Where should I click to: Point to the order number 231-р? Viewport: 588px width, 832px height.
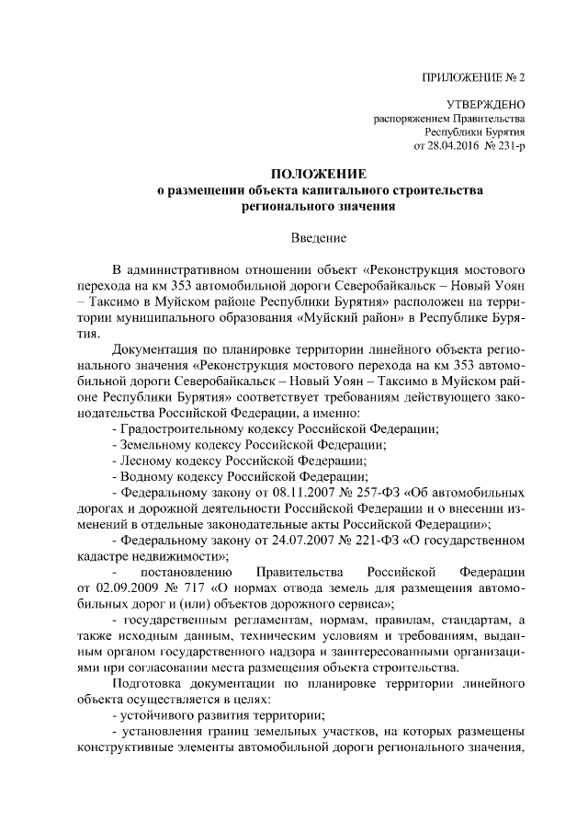point(510,145)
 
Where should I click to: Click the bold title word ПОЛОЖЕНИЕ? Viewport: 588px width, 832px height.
point(318,174)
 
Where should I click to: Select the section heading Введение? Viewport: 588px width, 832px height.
point(318,237)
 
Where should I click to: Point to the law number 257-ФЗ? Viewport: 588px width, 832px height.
point(356,493)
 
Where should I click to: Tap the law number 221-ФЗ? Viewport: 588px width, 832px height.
point(356,540)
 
